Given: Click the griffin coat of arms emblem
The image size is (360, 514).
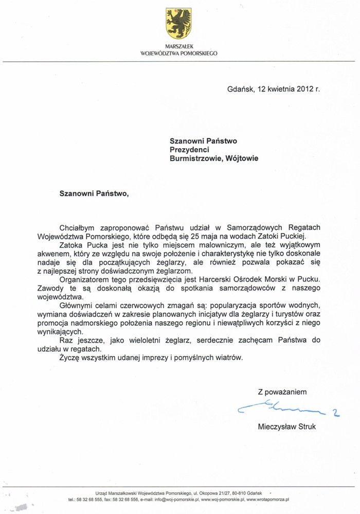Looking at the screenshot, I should (178, 24).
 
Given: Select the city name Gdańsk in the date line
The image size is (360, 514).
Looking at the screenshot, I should (240, 88).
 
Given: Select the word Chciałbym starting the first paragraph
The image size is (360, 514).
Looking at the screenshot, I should (78, 227).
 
